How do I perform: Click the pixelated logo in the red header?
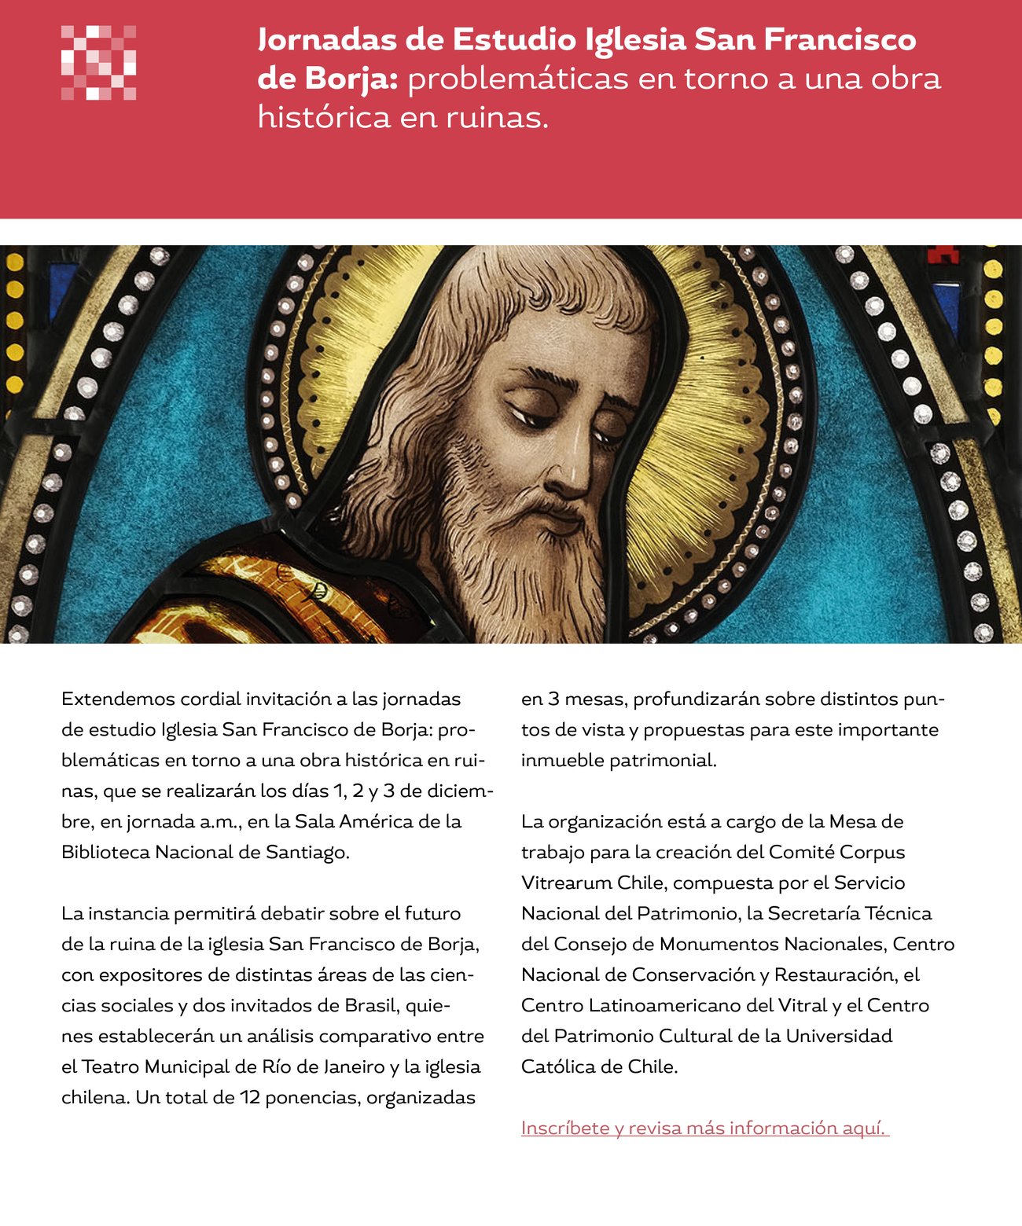point(99,63)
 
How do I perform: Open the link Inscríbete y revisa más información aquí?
point(704,1128)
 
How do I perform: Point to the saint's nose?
point(578,464)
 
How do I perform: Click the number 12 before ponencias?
point(250,1097)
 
